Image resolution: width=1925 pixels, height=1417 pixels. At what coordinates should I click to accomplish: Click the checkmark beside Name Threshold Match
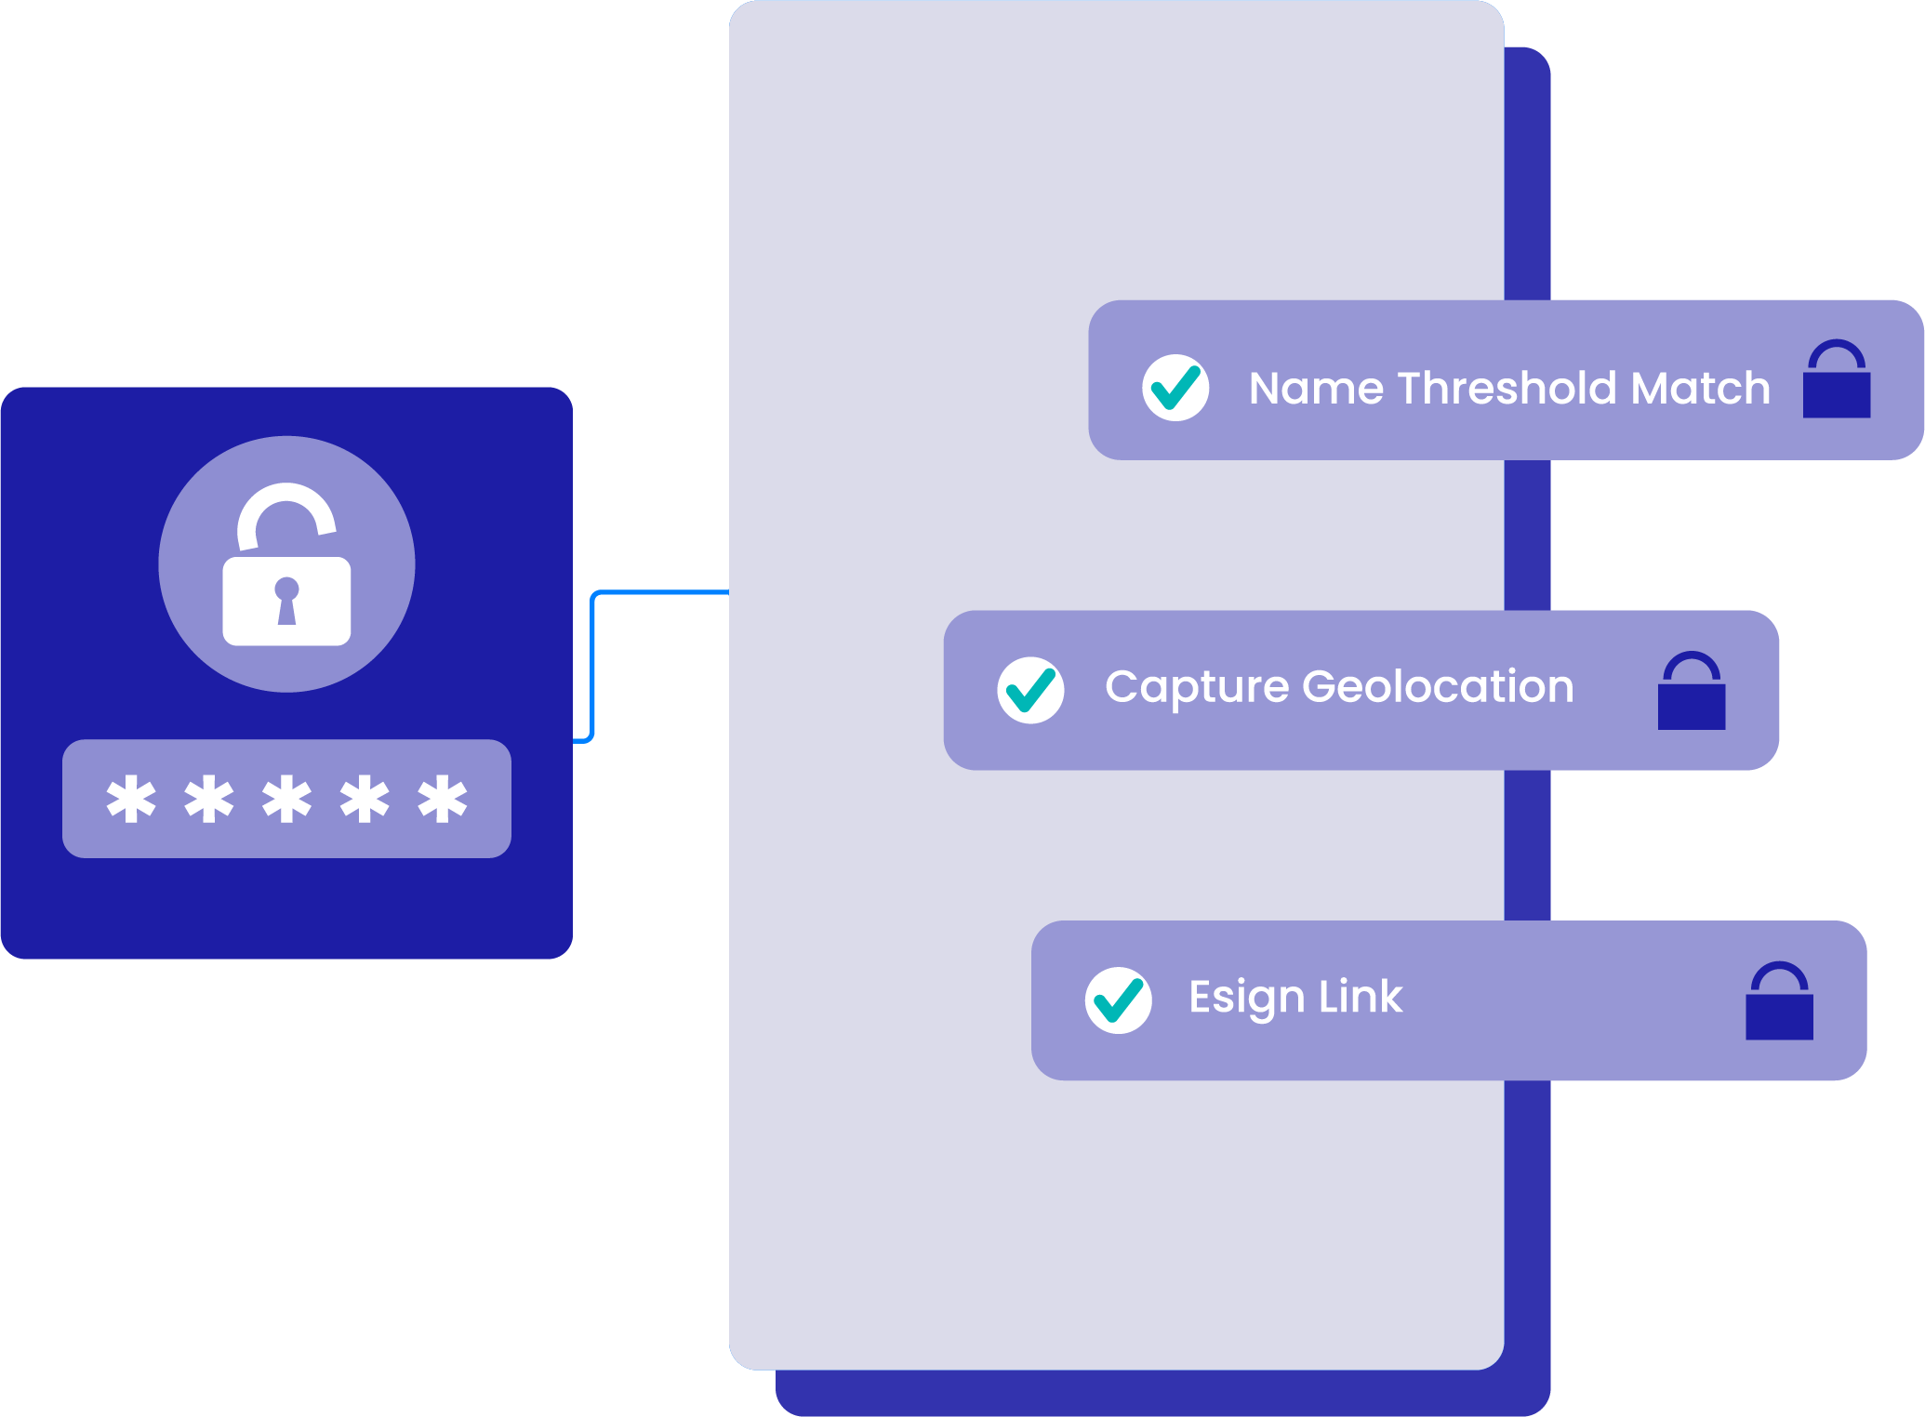(1175, 388)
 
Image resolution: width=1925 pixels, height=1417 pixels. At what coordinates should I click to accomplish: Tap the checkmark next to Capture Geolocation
(1030, 690)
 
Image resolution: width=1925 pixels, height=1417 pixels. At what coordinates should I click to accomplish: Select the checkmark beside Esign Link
(1118, 1000)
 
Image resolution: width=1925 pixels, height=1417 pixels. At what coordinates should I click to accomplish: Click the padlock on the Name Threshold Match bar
(1836, 381)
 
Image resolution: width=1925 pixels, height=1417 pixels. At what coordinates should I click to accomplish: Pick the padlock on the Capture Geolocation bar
(1691, 692)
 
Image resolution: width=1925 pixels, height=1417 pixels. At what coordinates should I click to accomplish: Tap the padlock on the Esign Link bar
(1779, 1002)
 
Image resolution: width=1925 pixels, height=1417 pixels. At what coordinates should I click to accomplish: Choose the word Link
(1361, 997)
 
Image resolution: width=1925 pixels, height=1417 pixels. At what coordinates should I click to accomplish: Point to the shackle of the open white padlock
(286, 507)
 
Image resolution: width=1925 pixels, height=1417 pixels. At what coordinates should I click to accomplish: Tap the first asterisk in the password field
(131, 799)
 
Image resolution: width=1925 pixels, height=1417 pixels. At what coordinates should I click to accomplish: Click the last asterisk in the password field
(442, 799)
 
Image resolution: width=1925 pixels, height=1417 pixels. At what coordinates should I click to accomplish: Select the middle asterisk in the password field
(286, 799)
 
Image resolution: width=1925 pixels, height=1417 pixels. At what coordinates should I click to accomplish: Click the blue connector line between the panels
(593, 665)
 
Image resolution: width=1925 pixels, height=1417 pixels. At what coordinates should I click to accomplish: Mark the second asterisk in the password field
(209, 799)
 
